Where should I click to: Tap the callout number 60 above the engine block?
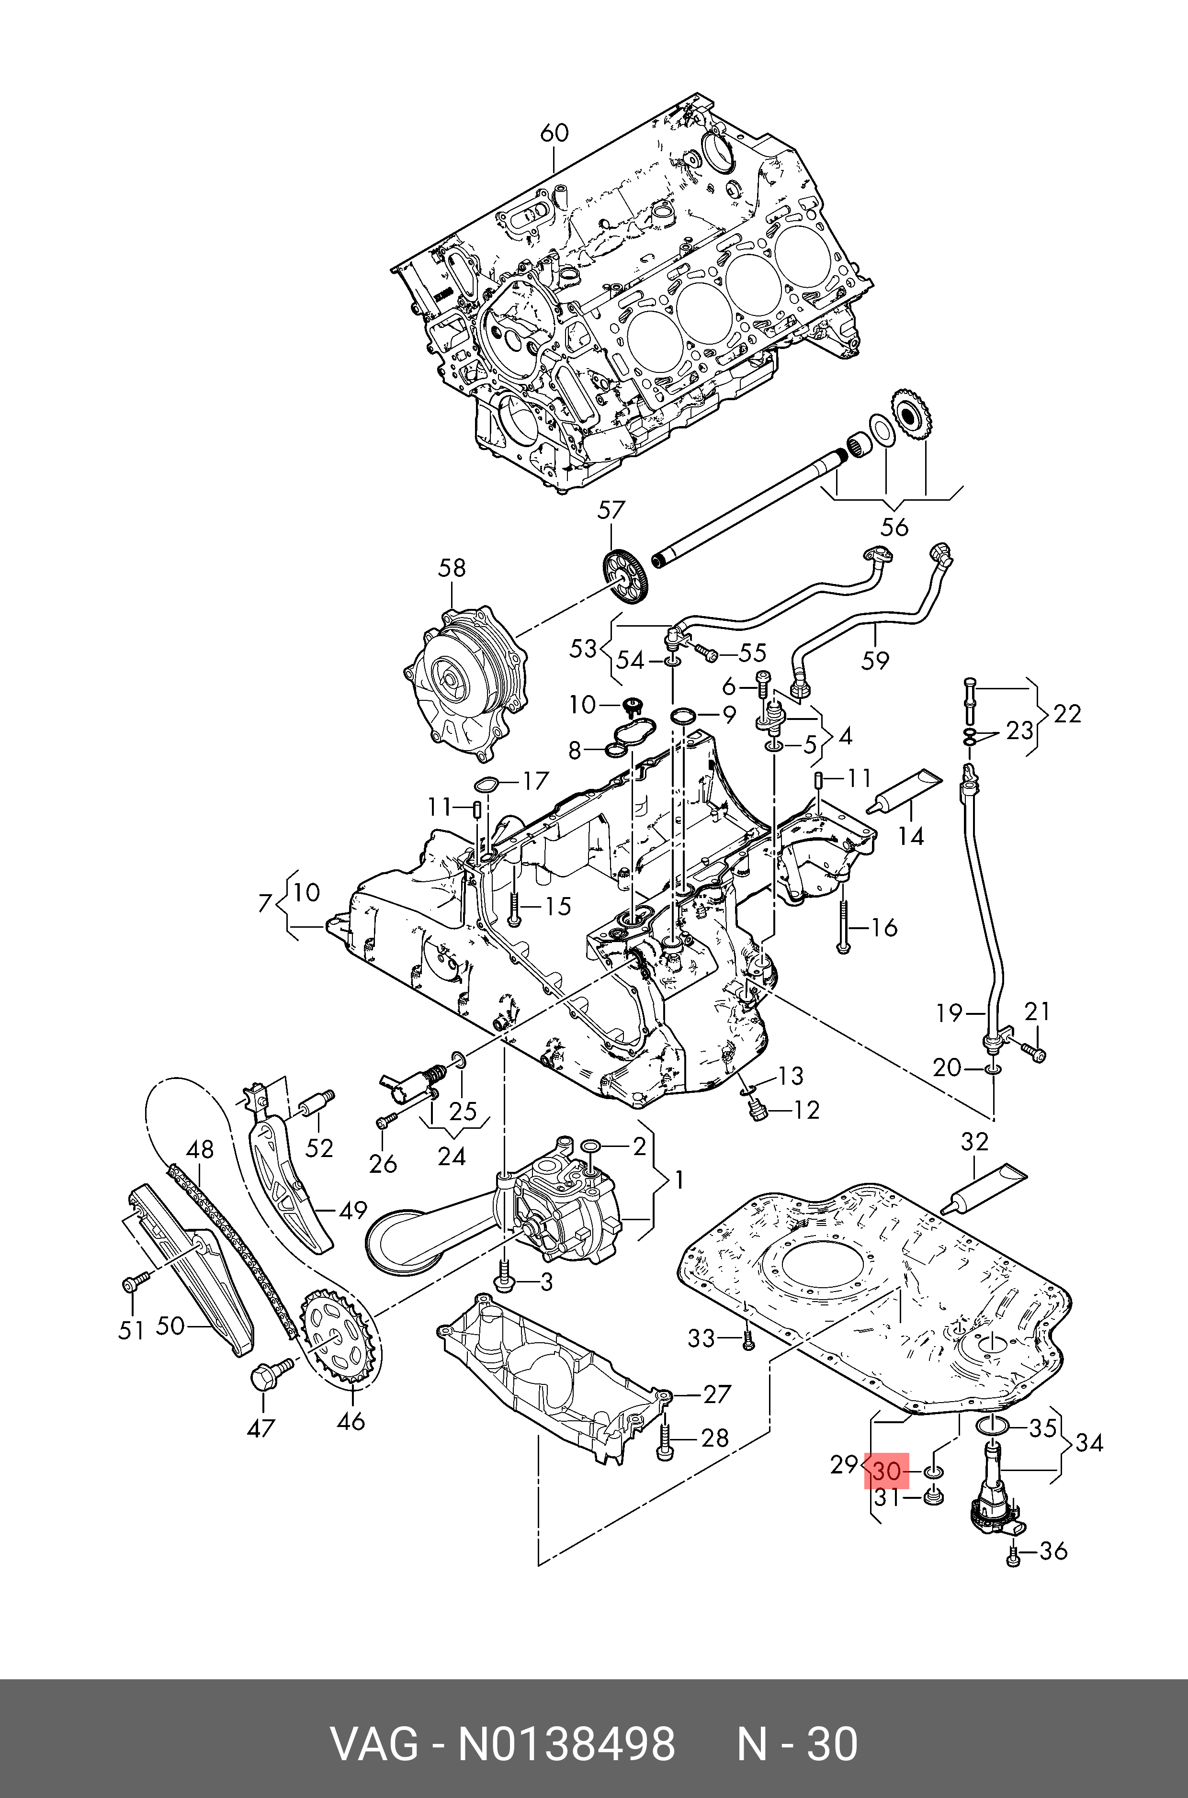tap(554, 133)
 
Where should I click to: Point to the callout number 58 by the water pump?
tap(453, 568)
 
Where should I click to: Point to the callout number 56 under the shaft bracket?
tap(894, 527)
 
